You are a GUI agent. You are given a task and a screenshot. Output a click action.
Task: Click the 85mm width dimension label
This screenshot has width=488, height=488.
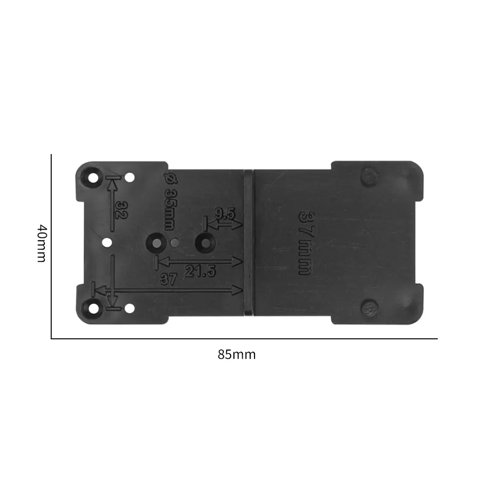coord(236,354)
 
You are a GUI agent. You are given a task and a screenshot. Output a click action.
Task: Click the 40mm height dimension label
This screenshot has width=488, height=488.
coord(42,243)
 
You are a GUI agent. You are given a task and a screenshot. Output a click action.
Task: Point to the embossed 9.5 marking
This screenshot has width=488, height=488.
coord(225,214)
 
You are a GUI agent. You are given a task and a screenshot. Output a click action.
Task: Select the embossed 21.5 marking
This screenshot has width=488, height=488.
coord(200,271)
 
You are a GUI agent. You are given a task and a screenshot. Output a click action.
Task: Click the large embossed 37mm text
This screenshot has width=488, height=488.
coord(305,243)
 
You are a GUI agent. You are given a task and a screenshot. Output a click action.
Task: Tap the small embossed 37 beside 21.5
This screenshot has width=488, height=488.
coord(168,279)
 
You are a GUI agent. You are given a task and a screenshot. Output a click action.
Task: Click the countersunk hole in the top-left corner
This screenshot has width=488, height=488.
coord(93,178)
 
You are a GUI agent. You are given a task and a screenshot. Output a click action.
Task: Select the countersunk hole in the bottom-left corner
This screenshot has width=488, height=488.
coord(93,309)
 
